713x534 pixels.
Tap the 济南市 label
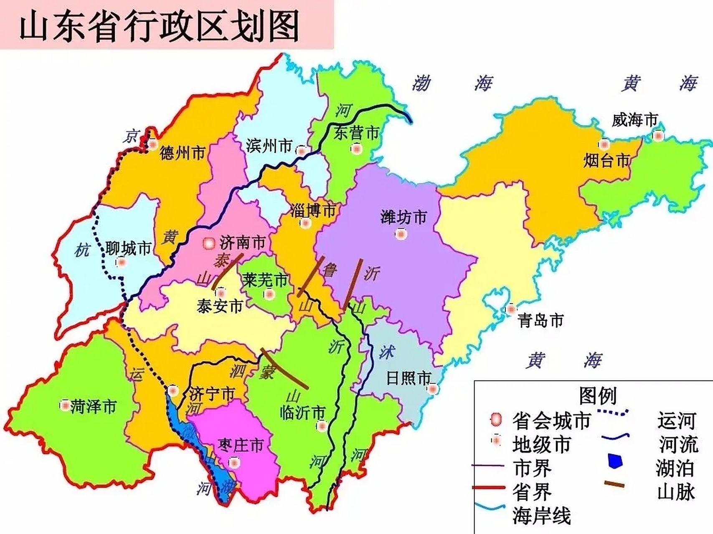[x=243, y=242]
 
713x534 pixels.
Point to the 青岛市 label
[x=540, y=321]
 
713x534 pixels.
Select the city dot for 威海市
[x=658, y=136]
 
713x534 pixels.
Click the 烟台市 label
[x=606, y=160]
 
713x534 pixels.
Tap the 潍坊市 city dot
[x=401, y=234]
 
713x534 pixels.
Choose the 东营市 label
[x=356, y=133]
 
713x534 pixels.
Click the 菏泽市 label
[x=93, y=406]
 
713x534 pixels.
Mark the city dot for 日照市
[x=433, y=389]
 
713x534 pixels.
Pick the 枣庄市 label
[x=240, y=446]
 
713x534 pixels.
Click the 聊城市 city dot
[x=121, y=262]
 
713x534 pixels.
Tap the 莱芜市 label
[x=266, y=280]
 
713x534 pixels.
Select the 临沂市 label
[x=302, y=413]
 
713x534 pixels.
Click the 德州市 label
[x=183, y=153]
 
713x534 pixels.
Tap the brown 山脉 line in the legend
[x=614, y=484]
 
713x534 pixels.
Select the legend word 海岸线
[x=541, y=516]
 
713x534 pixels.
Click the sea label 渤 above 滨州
[x=421, y=83]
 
